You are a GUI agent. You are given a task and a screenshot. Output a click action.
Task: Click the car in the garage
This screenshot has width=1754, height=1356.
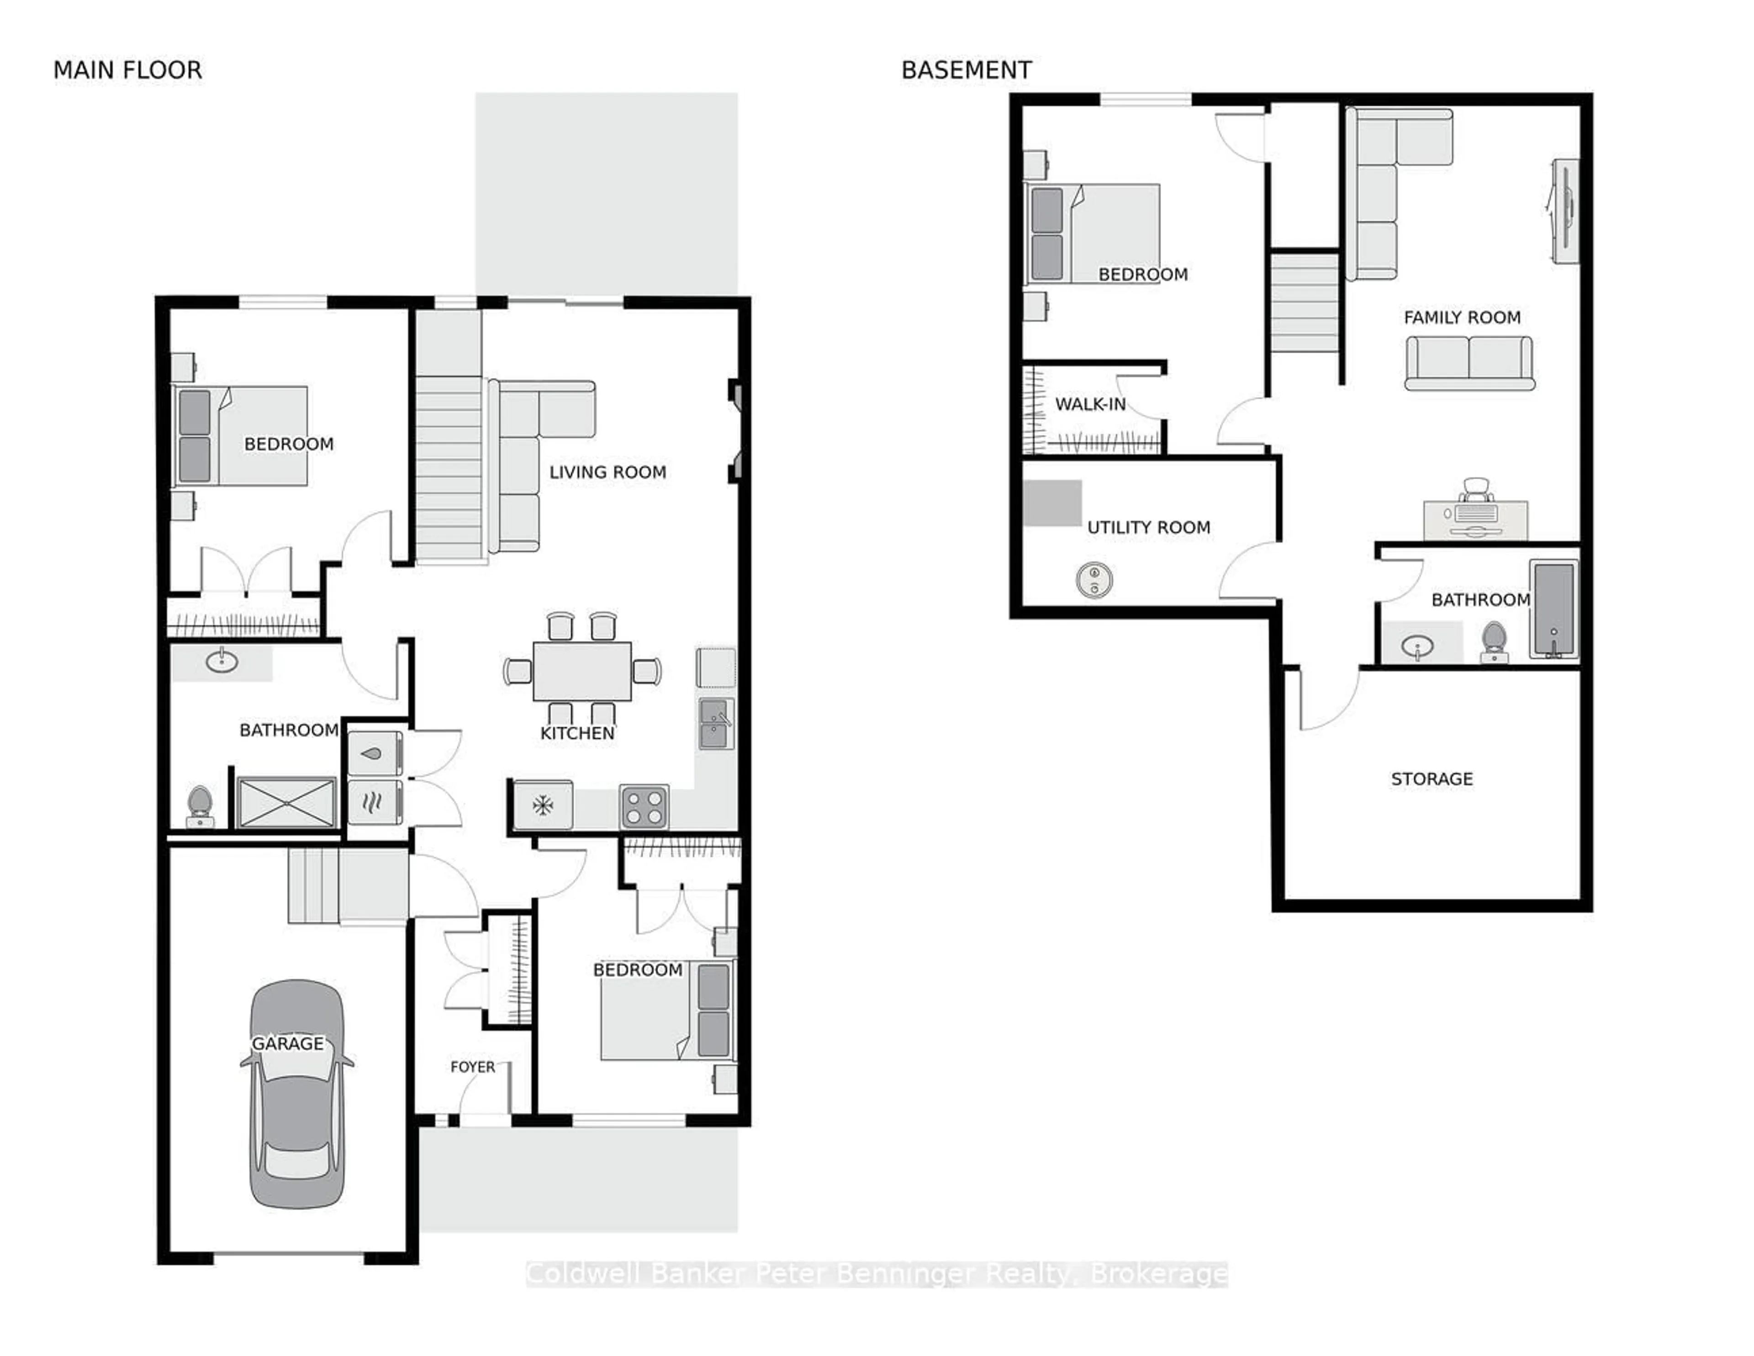point(297,1094)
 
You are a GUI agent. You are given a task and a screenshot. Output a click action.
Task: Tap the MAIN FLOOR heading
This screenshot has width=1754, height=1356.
point(128,71)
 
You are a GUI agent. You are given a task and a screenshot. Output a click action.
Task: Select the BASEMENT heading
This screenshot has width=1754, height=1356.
point(966,71)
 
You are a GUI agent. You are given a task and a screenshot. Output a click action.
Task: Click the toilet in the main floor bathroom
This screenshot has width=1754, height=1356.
point(199,806)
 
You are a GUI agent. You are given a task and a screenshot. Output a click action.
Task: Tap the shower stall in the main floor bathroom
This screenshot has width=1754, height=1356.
point(287,802)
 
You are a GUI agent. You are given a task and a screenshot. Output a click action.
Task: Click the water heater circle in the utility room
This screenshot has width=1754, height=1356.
point(1094,579)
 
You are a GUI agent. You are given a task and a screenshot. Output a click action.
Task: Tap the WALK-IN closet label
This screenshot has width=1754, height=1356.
point(1090,404)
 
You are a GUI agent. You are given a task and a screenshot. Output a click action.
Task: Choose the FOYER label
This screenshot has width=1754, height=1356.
point(472,1067)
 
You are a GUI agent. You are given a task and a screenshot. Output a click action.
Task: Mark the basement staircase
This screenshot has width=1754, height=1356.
point(1304,302)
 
